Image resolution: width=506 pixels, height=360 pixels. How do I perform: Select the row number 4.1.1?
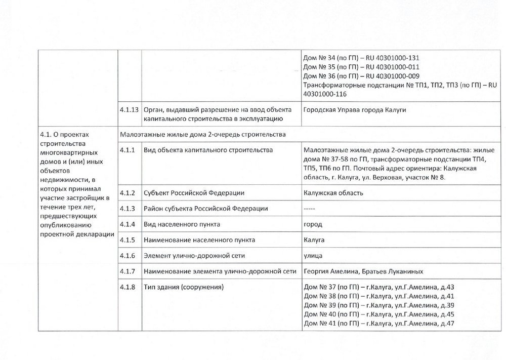click(x=127, y=150)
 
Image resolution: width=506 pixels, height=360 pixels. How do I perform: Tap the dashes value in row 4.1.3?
click(x=309, y=209)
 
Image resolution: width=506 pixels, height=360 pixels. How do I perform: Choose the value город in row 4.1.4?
click(x=313, y=224)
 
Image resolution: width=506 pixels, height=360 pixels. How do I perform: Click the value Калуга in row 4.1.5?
click(x=314, y=239)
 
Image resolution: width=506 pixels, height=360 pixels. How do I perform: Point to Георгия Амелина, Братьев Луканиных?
click(x=364, y=271)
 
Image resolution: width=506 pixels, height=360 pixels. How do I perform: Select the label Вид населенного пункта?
click(x=182, y=224)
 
